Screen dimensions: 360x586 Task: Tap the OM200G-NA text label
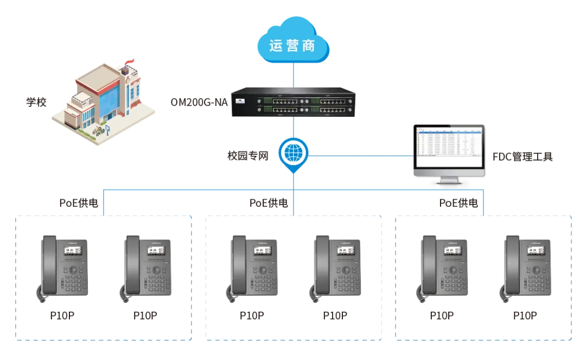(199, 102)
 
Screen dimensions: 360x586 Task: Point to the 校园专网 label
(247, 156)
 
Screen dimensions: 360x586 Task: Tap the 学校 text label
(37, 102)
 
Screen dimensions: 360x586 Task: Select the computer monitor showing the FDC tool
(449, 152)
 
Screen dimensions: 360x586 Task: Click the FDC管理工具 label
(522, 157)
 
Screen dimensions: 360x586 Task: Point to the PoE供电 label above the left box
(79, 203)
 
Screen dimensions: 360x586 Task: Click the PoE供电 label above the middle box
(269, 203)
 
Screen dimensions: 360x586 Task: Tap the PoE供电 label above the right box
(458, 203)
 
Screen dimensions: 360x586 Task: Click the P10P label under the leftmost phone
(62, 315)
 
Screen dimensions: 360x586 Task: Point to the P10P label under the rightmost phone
(525, 315)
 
